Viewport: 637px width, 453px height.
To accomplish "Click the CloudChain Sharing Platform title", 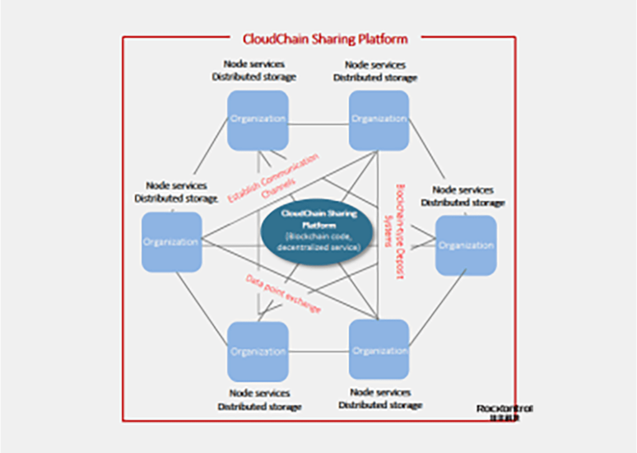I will [325, 38].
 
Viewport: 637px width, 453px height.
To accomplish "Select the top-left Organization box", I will [258, 119].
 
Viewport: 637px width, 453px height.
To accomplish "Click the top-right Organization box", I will [379, 119].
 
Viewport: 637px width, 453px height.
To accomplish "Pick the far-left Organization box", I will [172, 242].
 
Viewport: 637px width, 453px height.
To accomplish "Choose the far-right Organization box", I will [466, 245].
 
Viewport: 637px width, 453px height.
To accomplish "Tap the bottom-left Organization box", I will [258, 351].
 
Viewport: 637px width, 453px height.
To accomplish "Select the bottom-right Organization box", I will [379, 350].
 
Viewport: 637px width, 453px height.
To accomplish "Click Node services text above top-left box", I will [254, 64].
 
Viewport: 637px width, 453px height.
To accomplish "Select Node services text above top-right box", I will [375, 64].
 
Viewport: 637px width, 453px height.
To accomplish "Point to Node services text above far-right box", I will [463, 189].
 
